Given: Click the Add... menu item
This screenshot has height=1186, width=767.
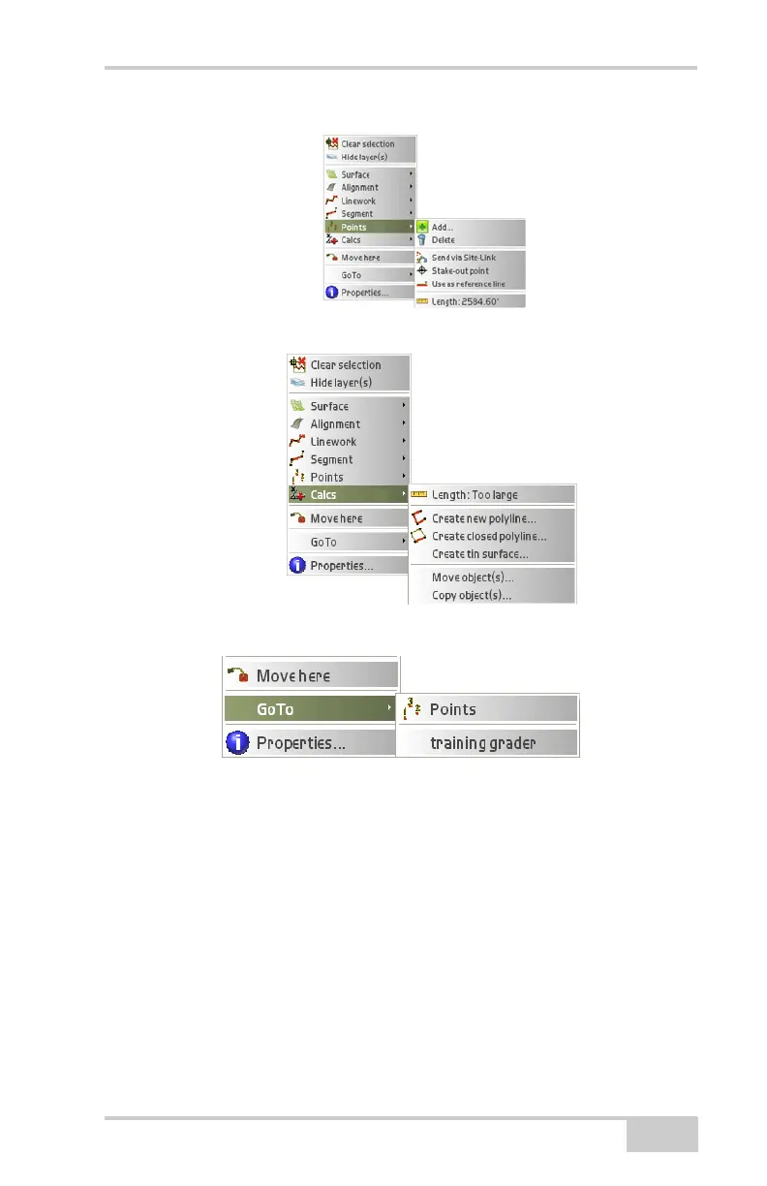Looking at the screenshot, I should (x=443, y=227).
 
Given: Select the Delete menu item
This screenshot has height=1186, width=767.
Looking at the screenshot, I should (x=443, y=239).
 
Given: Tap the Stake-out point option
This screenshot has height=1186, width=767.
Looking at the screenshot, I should (x=460, y=271).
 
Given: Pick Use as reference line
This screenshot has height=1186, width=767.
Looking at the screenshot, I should (x=468, y=284).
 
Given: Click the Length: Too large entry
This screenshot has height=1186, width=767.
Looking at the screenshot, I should (x=475, y=495).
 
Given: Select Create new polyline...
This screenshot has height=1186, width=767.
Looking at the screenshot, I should (x=483, y=518).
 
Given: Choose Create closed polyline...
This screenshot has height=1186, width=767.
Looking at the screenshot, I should (x=488, y=536).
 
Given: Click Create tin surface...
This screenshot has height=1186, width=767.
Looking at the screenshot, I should (x=479, y=554).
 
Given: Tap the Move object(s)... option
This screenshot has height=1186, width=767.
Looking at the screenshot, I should (x=473, y=577).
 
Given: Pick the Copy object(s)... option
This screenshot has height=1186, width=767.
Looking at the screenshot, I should (x=472, y=596).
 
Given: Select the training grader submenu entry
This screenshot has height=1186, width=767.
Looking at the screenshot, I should (x=482, y=743).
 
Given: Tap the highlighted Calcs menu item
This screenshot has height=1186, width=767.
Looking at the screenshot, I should (x=323, y=495).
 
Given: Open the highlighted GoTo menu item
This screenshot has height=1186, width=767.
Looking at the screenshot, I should (x=275, y=709).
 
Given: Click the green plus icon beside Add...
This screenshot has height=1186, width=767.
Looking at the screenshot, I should (x=422, y=227).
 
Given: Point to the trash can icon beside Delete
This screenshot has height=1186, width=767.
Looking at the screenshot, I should (x=422, y=239).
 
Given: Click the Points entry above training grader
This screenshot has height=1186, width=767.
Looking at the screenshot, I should (x=453, y=709).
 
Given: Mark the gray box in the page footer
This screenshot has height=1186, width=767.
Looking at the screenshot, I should (x=661, y=1134).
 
